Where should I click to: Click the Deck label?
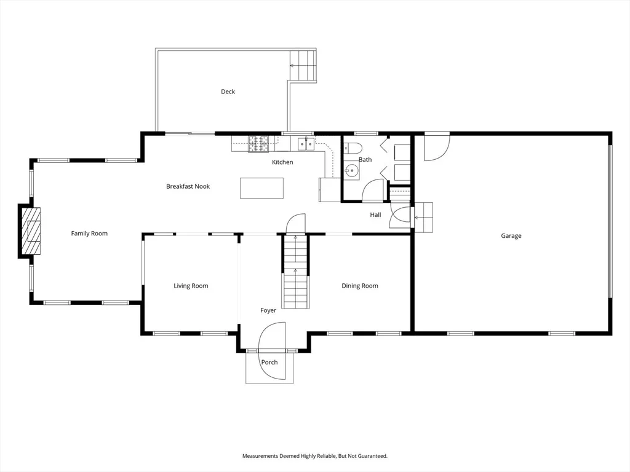tap(228, 92)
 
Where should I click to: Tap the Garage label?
tap(511, 235)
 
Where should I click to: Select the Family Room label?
tap(89, 233)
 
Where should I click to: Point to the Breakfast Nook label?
tap(188, 186)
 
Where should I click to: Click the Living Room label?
tap(191, 286)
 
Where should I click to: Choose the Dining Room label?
tap(359, 286)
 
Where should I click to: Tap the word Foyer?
tap(268, 310)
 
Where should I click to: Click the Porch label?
tap(269, 362)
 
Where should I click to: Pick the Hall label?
tap(375, 214)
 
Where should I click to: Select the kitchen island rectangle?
tap(261, 188)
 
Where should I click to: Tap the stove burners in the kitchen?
tap(258, 144)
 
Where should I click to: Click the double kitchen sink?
tap(306, 143)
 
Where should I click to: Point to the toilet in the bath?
tap(353, 148)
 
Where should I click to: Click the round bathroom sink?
tap(352, 171)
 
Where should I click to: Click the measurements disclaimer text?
tap(314, 456)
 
